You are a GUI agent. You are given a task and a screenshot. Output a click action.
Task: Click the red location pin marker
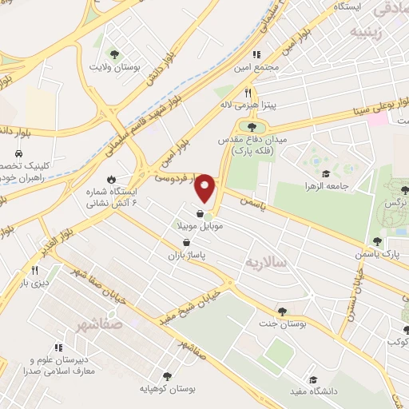pos(206,189)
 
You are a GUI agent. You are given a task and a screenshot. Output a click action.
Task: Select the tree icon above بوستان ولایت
pos(117,54)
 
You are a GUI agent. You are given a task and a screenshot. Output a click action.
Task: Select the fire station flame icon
pos(112,181)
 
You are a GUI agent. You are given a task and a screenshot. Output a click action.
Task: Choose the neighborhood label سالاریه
pos(265,263)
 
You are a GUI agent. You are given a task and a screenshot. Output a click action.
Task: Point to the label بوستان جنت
pos(282,324)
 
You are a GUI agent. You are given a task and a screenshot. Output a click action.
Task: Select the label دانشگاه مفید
pos(312,391)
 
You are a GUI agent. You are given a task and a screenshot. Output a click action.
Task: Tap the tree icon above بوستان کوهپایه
pos(167,375)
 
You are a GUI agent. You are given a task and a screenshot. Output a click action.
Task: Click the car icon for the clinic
pos(17,152)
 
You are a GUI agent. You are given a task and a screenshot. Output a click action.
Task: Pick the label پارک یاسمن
pos(379,254)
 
